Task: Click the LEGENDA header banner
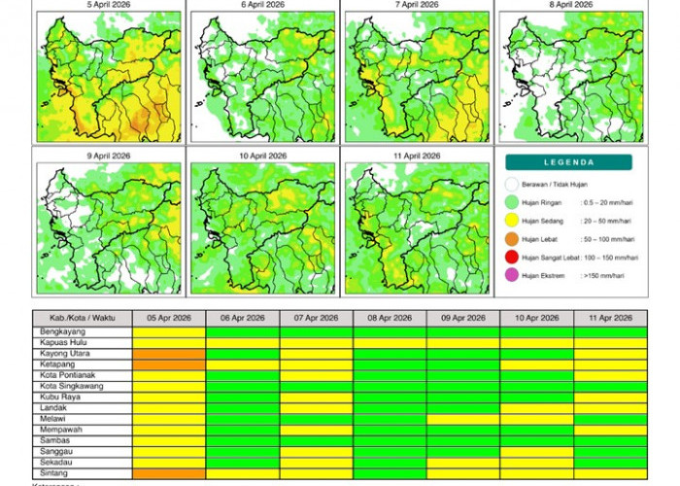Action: tap(568, 162)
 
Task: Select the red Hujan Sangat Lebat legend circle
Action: tap(513, 258)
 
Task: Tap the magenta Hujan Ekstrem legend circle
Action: tap(513, 276)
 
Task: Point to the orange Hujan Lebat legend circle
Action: tap(513, 239)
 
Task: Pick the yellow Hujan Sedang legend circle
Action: tap(513, 221)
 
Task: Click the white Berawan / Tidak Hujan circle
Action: tap(513, 184)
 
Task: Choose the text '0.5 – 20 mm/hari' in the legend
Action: tap(607, 202)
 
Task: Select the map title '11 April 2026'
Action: tap(417, 156)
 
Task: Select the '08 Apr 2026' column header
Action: tap(390, 319)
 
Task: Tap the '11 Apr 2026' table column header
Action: tap(610, 319)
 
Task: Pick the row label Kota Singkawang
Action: tap(73, 386)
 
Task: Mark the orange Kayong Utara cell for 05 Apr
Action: tap(169, 354)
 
